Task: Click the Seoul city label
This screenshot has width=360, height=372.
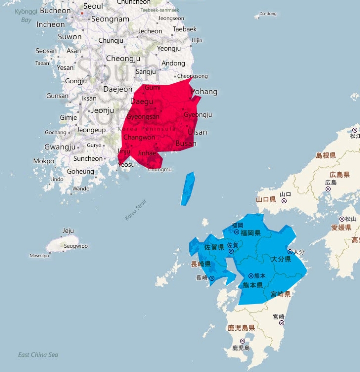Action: [93, 6]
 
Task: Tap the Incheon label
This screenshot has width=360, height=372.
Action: [50, 24]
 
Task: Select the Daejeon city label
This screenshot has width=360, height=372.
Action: [118, 89]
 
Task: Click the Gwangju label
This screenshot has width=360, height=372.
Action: [60, 147]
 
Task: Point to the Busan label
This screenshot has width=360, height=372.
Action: [186, 143]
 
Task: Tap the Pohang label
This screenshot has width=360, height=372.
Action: [204, 91]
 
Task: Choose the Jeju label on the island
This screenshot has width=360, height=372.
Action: [68, 231]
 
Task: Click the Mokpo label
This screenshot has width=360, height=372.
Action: [44, 161]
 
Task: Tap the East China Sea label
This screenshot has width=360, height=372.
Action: [38, 355]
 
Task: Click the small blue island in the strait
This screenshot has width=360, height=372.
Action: [187, 188]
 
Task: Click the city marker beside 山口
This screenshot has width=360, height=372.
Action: [284, 200]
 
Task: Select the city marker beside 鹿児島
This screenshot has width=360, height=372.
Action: [242, 341]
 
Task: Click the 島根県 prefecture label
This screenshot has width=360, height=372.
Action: [326, 155]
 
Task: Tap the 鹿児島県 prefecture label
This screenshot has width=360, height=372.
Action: [241, 328]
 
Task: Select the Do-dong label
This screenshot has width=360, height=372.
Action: [268, 14]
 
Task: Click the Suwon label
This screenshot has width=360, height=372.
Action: [70, 36]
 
